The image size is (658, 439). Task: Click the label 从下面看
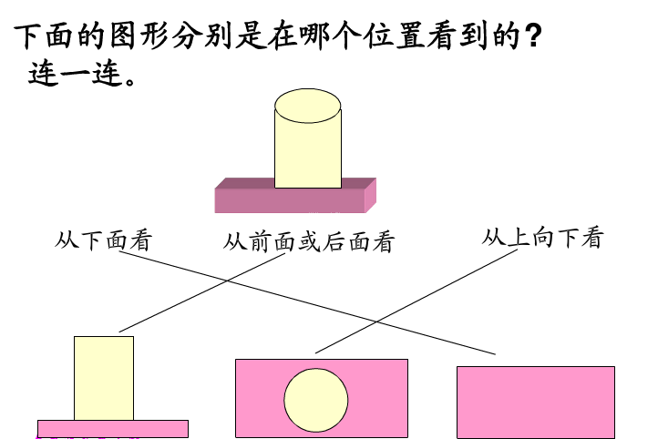pos(103,240)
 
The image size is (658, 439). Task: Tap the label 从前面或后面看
pos(308,242)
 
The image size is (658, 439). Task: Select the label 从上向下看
pos(542,238)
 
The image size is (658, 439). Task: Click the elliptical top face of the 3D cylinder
pos(308,106)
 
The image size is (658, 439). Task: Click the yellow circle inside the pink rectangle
pos(316,400)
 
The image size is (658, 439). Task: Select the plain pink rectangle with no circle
pos(535,402)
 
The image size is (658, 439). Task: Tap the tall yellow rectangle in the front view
pos(104,378)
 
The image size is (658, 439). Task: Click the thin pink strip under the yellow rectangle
pos(112,428)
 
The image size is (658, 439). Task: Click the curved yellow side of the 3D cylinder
pos(308,150)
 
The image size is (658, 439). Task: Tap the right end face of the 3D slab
pos(370,194)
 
